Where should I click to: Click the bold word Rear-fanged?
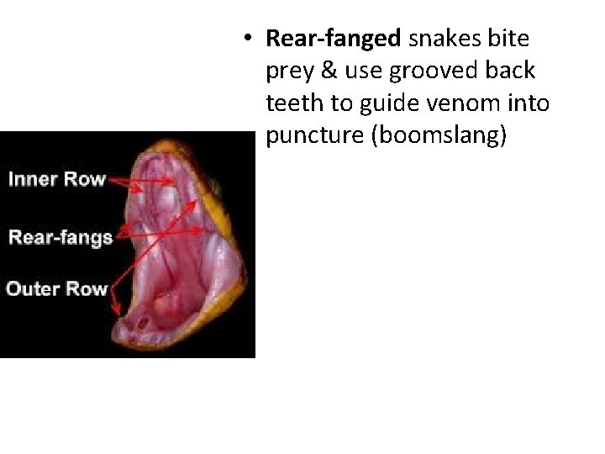pyautogui.click(x=334, y=39)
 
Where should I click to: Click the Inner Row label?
pyautogui.click(x=56, y=179)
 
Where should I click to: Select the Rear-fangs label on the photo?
pyautogui.click(x=60, y=236)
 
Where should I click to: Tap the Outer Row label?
pyautogui.click(x=57, y=288)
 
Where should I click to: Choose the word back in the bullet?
pyautogui.click(x=508, y=71)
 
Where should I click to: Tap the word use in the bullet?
pyautogui.click(x=361, y=71)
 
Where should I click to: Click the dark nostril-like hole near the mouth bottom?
pyautogui.click(x=144, y=321)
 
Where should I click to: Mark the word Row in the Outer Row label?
pyautogui.click(x=86, y=288)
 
